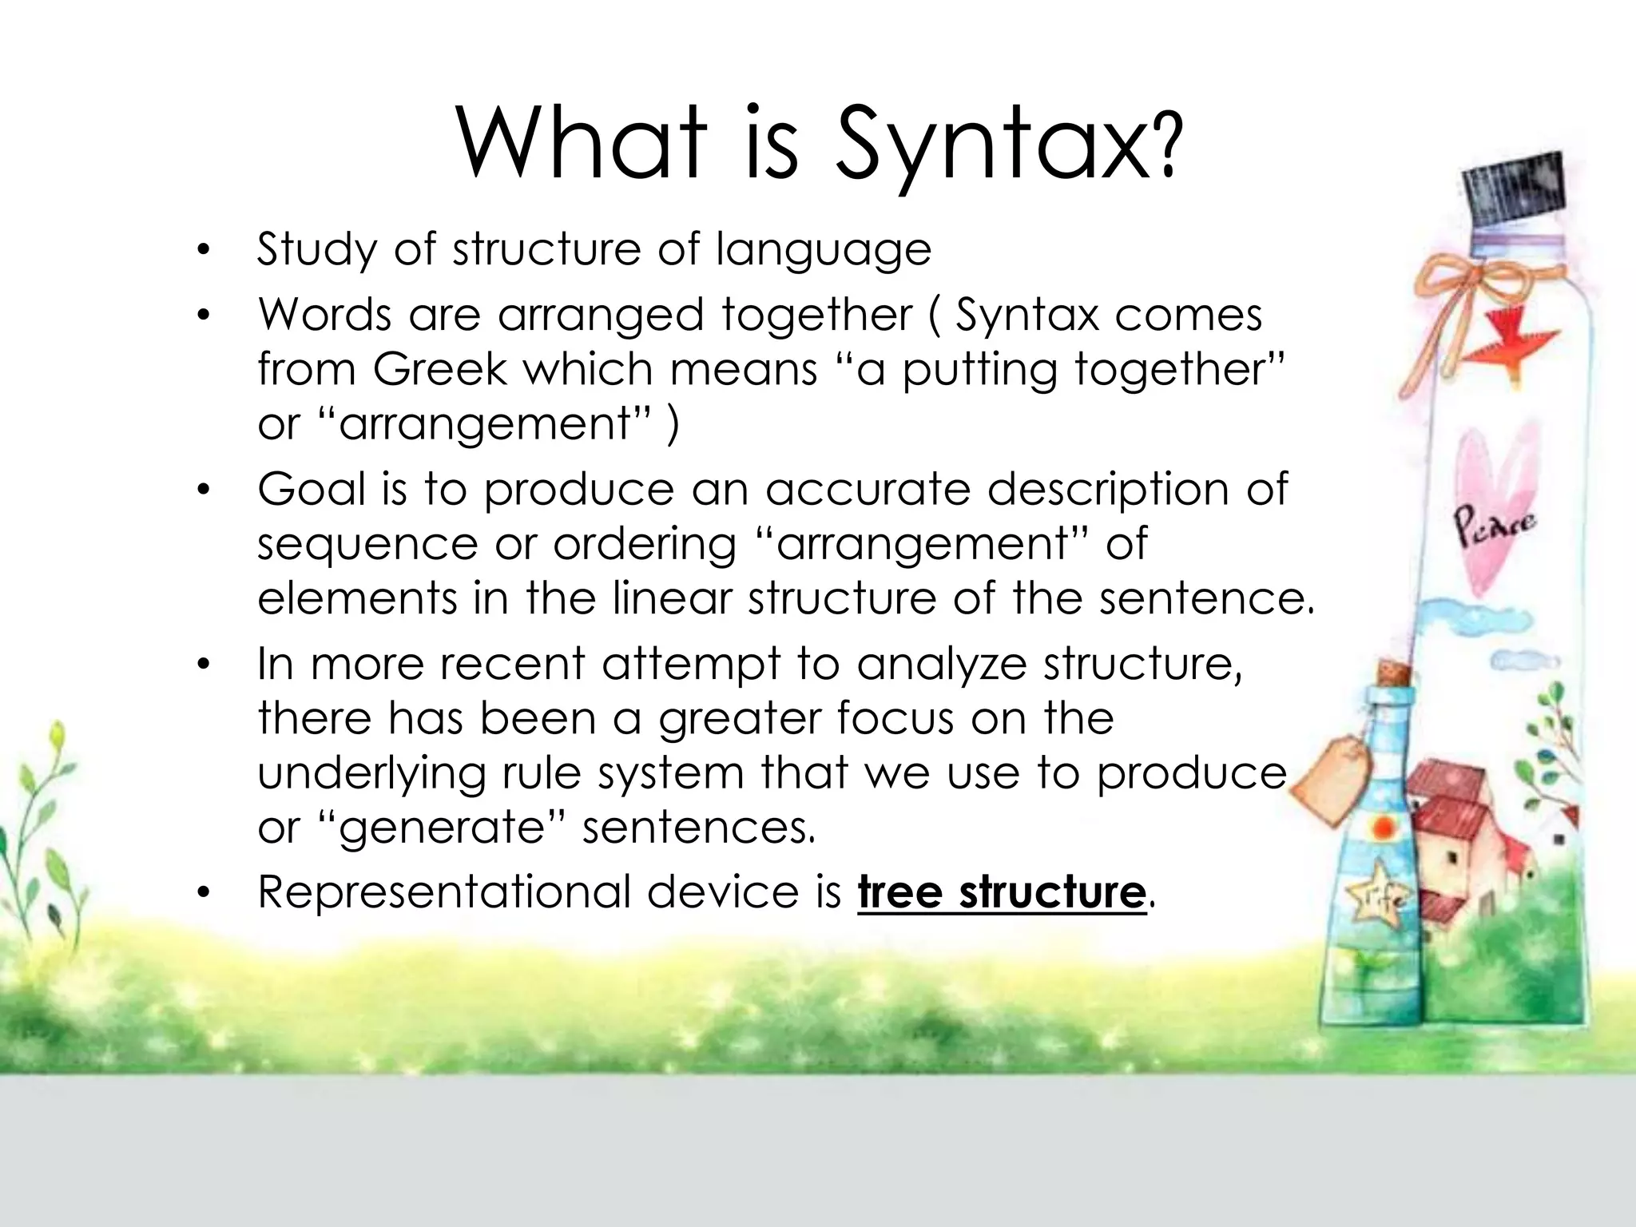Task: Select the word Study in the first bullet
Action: tap(316, 250)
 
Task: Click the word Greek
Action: tap(440, 369)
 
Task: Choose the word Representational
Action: tap(443, 891)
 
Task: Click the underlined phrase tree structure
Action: tap(1002, 892)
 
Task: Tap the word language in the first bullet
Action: tap(823, 250)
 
